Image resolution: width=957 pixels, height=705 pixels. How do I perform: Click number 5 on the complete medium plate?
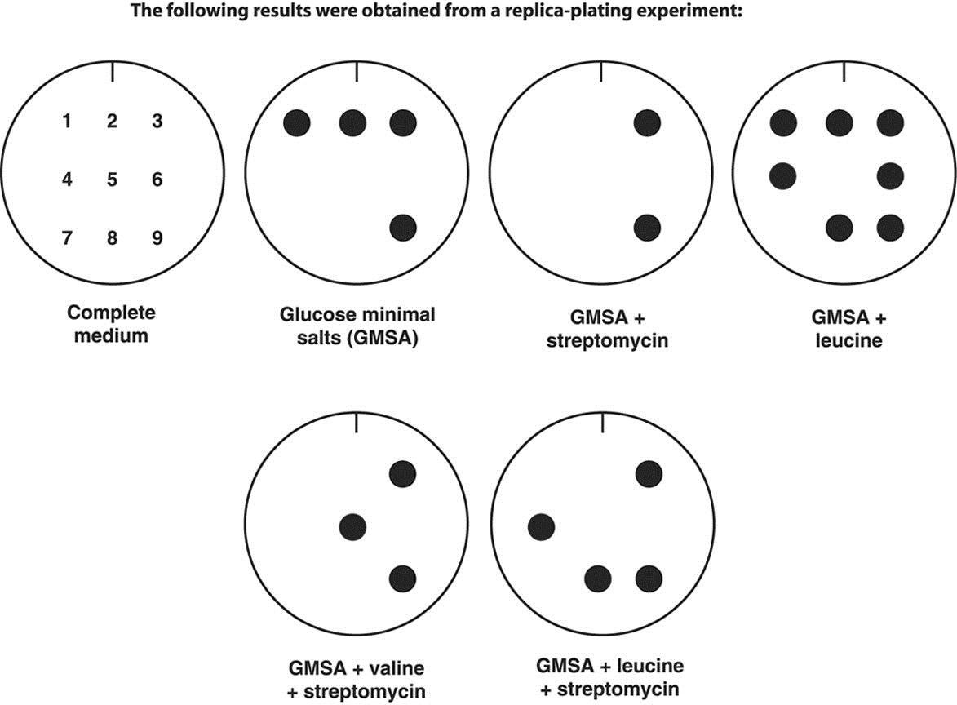pyautogui.click(x=112, y=180)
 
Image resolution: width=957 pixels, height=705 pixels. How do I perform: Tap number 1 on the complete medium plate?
pyautogui.click(x=67, y=122)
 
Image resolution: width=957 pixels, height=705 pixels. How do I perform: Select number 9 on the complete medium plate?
pyautogui.click(x=157, y=238)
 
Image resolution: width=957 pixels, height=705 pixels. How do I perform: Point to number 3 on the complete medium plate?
pyautogui.click(x=157, y=122)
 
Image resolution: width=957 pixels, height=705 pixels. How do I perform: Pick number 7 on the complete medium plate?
pyautogui.click(x=67, y=238)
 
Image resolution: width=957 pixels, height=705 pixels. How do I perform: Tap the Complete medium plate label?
pyautogui.click(x=111, y=323)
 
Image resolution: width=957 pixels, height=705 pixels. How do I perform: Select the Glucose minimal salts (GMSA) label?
pyautogui.click(x=357, y=325)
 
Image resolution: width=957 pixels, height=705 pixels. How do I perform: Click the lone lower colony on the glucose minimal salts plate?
pyautogui.click(x=403, y=228)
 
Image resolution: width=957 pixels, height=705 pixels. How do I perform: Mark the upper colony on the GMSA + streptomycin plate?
pyautogui.click(x=646, y=123)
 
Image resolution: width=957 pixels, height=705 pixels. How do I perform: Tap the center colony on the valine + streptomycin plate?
pyautogui.click(x=352, y=527)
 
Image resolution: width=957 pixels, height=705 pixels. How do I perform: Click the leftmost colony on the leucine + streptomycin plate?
pyautogui.click(x=541, y=527)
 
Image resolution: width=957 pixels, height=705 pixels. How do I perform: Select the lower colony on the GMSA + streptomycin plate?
pyautogui.click(x=646, y=228)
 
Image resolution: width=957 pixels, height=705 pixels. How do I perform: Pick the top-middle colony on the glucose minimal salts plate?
pyautogui.click(x=352, y=123)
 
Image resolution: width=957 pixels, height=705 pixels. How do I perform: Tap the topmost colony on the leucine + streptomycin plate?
pyautogui.click(x=648, y=472)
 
